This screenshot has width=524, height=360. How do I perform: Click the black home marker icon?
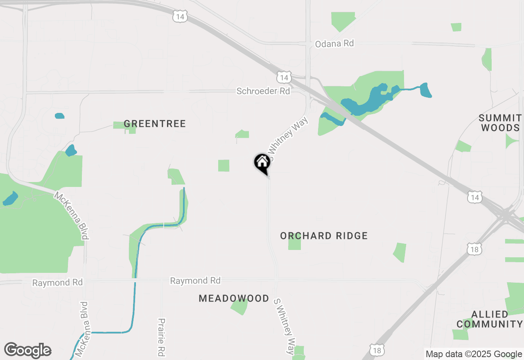click(262, 163)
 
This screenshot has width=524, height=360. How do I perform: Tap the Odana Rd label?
click(334, 43)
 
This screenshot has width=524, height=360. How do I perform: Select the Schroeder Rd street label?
click(263, 91)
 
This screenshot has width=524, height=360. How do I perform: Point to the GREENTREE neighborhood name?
click(155, 124)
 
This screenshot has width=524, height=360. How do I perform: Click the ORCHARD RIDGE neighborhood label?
click(324, 236)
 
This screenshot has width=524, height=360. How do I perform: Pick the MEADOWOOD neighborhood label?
click(234, 298)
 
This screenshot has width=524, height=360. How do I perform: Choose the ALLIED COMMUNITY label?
click(490, 319)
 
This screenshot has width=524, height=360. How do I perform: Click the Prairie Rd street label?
click(161, 337)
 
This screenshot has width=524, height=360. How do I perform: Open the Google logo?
click(27, 350)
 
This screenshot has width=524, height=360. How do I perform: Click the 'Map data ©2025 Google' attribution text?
click(474, 354)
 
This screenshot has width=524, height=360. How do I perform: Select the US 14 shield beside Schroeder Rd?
click(284, 77)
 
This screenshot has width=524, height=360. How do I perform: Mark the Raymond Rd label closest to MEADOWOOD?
click(195, 281)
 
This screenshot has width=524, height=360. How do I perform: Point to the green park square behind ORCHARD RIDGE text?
click(294, 243)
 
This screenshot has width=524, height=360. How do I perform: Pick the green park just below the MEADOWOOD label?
click(239, 307)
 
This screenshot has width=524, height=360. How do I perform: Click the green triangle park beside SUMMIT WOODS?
click(511, 141)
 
